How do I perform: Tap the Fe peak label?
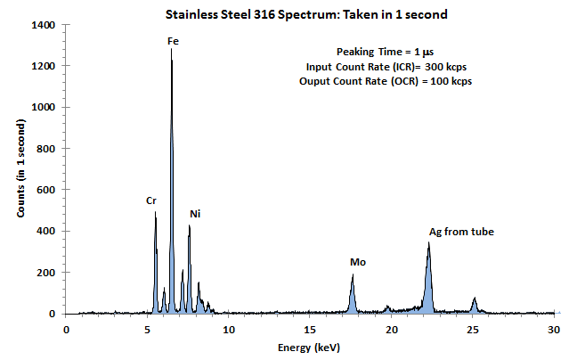pyautogui.click(x=172, y=41)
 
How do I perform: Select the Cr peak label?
pyautogui.click(x=151, y=200)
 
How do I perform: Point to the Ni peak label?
pyautogui.click(x=196, y=214)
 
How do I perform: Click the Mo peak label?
pyautogui.click(x=358, y=262)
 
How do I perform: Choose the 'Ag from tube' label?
pyautogui.click(x=461, y=232)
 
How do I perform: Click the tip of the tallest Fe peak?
pyautogui.click(x=171, y=50)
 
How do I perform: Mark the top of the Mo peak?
pyautogui.click(x=353, y=275)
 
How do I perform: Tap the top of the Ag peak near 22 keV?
pyautogui.click(x=428, y=242)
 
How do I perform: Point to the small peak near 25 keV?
pyautogui.click(x=475, y=299)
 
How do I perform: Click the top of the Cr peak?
pyautogui.click(x=155, y=212)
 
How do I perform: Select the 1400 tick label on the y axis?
pyautogui.click(x=44, y=25)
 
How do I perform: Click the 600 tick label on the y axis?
pyautogui.click(x=47, y=190)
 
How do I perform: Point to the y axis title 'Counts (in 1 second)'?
pyautogui.click(x=20, y=169)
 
